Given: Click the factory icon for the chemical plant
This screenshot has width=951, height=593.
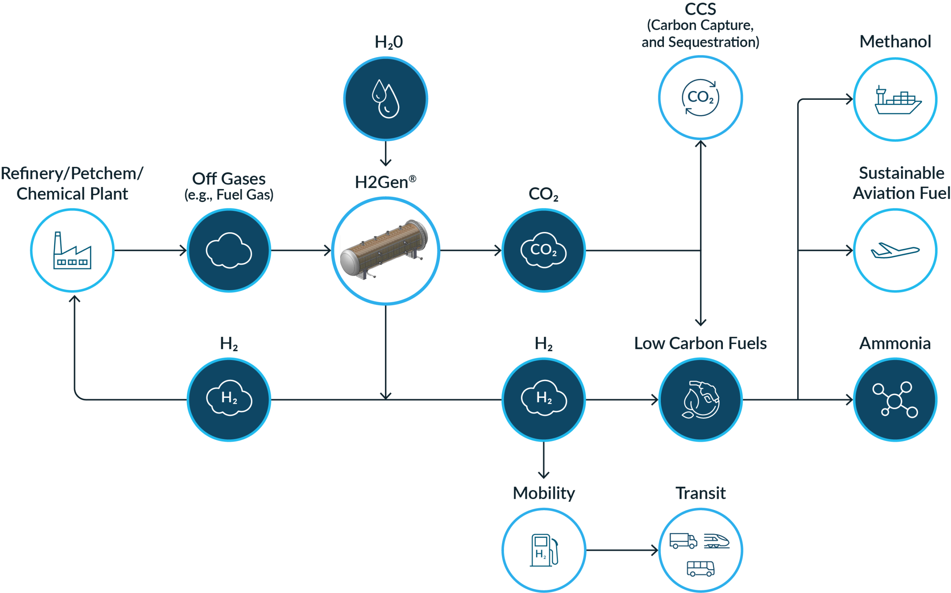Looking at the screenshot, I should [72, 250].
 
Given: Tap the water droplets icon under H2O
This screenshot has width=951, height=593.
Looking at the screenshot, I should [386, 98].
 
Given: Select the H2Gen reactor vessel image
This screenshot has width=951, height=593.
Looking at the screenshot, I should [386, 250].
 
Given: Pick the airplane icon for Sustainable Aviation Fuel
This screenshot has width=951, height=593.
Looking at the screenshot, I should [895, 250].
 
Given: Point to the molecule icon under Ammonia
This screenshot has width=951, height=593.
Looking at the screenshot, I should [895, 400].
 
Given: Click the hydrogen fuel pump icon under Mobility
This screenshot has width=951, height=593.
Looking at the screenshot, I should [543, 550].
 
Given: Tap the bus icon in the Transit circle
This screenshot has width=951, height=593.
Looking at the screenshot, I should [701, 568].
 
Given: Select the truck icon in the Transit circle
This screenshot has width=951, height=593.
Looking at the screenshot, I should [683, 541].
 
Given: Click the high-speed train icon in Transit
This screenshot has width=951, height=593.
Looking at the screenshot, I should [716, 541].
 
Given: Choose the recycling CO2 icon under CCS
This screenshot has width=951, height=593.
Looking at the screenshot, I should [701, 98].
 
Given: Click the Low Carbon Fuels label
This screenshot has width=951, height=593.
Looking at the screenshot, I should [701, 343].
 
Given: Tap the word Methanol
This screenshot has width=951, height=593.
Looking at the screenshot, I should [895, 42].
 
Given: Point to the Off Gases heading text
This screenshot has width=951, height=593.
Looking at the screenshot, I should [229, 179].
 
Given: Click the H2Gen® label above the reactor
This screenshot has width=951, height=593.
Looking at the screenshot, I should [386, 182].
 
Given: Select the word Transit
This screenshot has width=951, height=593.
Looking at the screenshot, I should [701, 493].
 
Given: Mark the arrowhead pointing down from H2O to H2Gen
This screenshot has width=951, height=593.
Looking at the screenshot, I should [386, 163].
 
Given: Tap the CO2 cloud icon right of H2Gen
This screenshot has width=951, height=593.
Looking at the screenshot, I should [543, 250].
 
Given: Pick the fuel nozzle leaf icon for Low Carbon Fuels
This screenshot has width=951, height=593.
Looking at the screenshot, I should [701, 400].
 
